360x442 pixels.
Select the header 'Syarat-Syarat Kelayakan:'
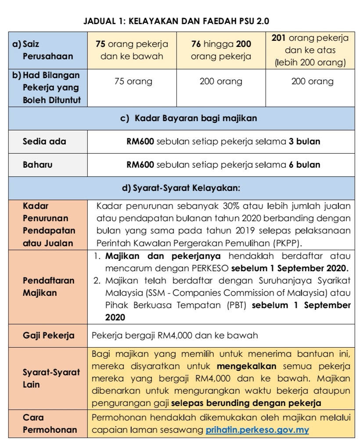coord(180,189)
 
